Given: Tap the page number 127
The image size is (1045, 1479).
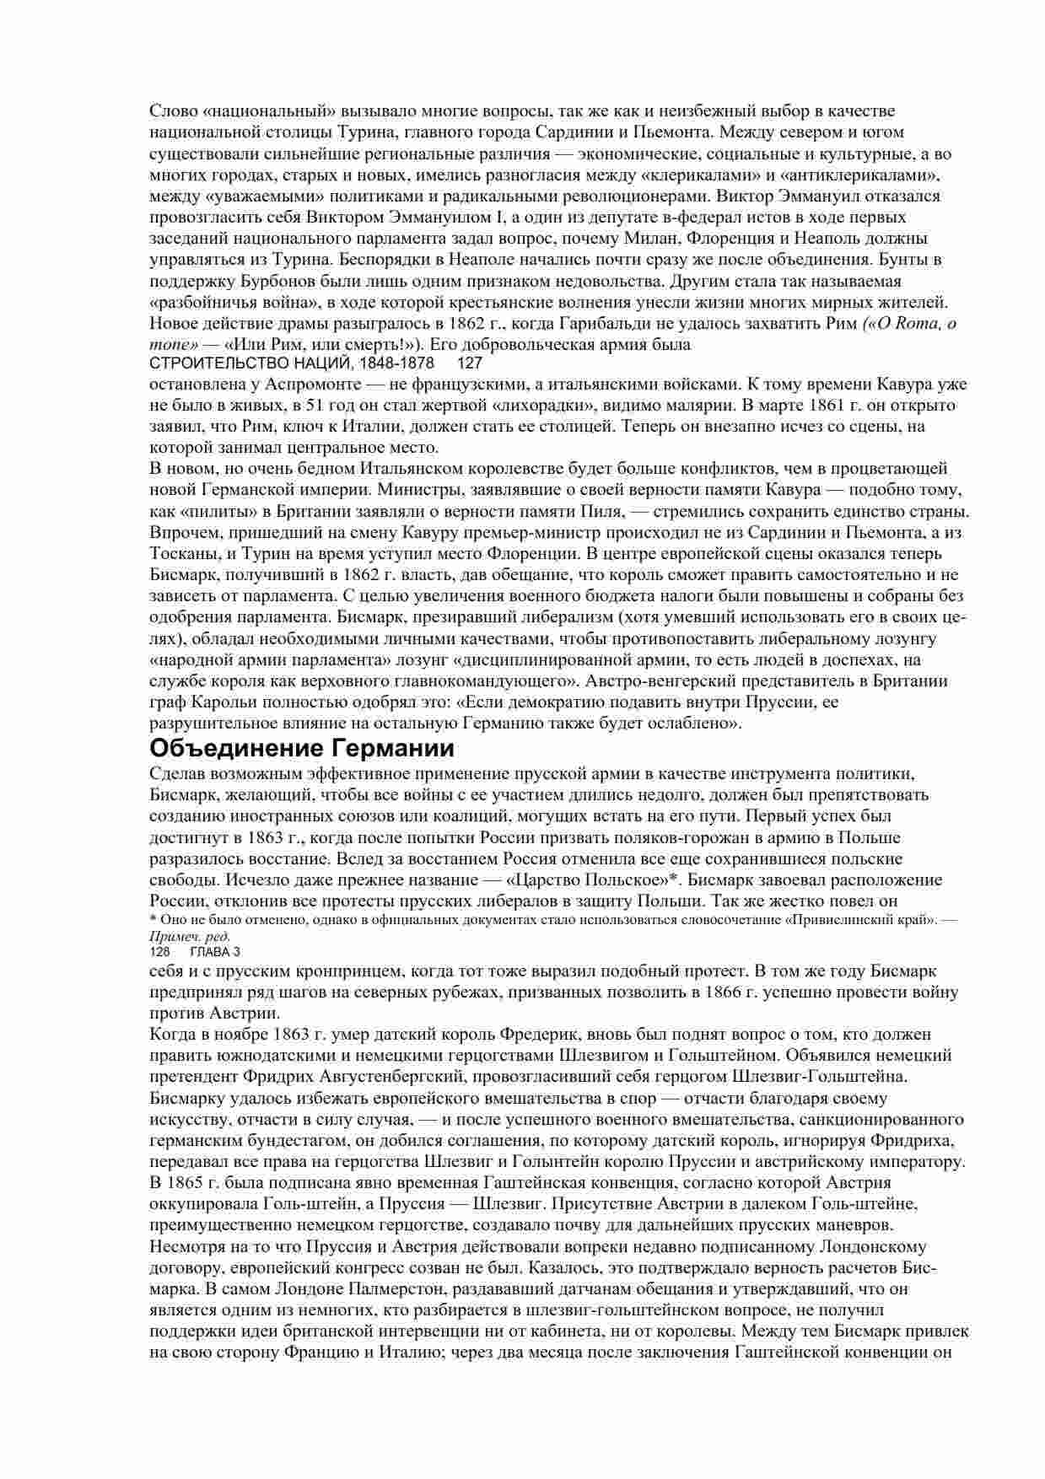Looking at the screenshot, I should [x=469, y=363].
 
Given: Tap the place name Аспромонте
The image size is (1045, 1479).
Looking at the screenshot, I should [x=266, y=384].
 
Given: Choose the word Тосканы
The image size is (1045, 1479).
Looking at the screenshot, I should [x=182, y=554].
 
